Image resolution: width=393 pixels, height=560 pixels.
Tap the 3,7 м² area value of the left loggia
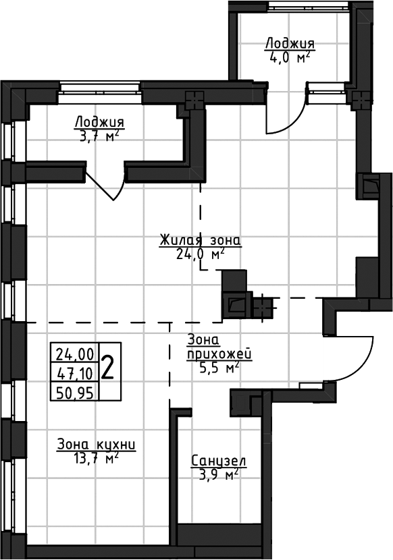[x=99, y=136]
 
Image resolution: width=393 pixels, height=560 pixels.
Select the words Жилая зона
[x=201, y=240]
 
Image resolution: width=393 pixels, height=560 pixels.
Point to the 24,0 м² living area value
[x=201, y=254]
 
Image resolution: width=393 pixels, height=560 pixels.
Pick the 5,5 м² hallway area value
[x=219, y=368]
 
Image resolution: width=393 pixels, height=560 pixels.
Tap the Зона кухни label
[x=97, y=445]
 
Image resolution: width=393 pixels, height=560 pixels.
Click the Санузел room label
[x=219, y=461]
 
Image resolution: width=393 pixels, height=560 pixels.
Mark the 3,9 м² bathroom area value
[x=218, y=475]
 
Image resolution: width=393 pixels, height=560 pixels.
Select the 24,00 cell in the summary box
[x=75, y=354]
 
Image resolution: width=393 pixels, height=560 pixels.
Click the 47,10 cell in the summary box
[x=75, y=373]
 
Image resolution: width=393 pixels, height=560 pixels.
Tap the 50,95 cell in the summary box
[x=75, y=393]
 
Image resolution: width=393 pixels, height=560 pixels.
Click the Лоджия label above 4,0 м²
[x=290, y=44]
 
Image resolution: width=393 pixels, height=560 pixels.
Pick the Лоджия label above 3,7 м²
[x=99, y=123]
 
